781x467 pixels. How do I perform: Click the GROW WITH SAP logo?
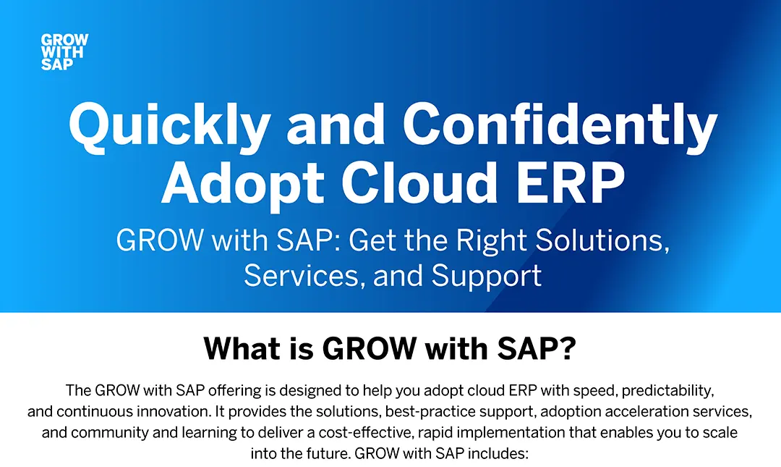click(x=65, y=52)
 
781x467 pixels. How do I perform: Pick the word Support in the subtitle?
click(x=487, y=277)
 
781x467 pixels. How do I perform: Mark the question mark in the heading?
click(x=568, y=348)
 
